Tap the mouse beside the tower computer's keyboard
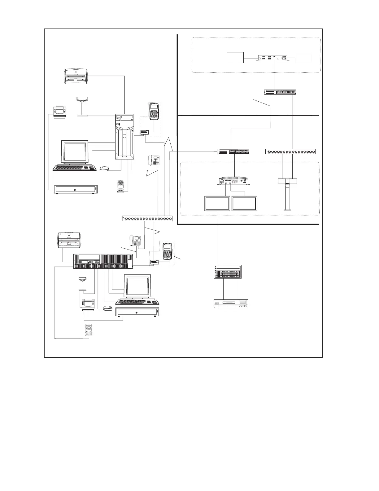105,169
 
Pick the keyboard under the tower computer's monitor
75,168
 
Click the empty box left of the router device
235,58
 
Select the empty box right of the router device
303,58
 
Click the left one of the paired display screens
217,204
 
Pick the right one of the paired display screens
244,204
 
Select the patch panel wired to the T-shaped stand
290,152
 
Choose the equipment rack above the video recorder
227,272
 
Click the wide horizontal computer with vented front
103,261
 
